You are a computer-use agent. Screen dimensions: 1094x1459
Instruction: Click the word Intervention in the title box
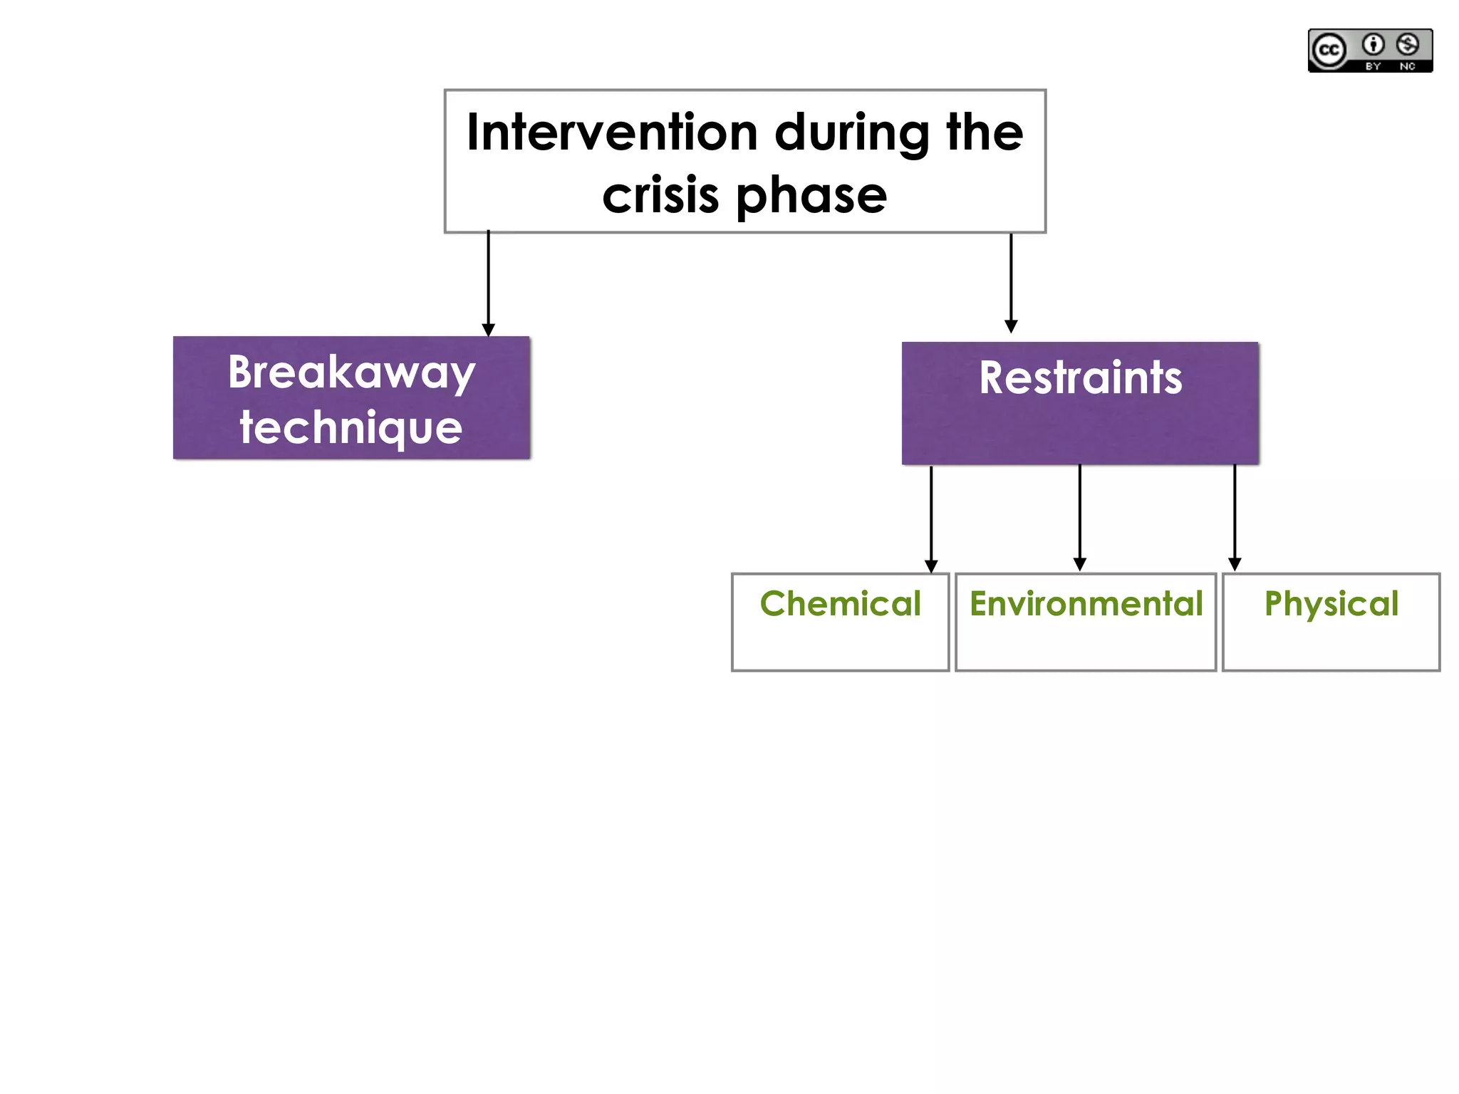(612, 133)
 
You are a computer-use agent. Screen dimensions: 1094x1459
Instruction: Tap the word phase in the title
(811, 195)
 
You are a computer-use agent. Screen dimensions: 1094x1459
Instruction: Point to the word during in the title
(852, 133)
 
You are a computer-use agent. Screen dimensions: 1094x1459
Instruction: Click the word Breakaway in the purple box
(351, 373)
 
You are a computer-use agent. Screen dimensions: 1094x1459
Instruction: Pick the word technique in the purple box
(351, 427)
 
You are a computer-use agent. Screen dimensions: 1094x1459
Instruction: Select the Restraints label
(1080, 377)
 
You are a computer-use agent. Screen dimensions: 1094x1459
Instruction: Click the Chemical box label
(840, 604)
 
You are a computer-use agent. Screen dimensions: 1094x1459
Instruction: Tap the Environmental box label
(1086, 604)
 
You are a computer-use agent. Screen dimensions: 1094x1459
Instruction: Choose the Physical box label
(1331, 604)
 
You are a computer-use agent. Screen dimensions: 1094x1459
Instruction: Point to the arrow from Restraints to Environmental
(1080, 516)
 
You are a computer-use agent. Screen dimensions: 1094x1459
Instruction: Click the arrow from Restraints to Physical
(1235, 516)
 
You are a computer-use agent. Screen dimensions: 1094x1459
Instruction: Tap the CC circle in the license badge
(1329, 51)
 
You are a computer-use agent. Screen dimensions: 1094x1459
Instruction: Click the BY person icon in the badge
(1373, 45)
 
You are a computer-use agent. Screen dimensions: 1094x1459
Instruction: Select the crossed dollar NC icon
(1407, 45)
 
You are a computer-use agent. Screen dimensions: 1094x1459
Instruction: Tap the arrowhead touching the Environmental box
(1080, 565)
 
